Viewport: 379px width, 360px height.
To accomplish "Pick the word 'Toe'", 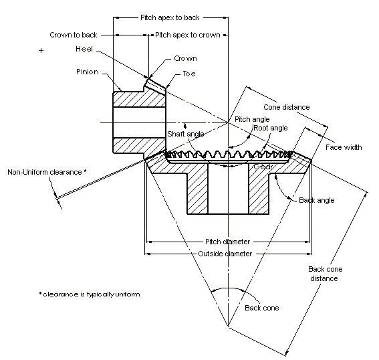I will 190,74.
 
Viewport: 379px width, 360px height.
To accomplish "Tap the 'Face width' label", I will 344,147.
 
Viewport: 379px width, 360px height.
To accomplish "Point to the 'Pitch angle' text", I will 251,119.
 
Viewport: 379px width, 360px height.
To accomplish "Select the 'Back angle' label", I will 317,200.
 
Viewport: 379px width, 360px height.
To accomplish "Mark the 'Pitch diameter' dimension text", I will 227,242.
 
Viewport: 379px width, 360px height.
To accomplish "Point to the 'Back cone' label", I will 261,308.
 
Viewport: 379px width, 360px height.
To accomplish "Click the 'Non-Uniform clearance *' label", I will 47,172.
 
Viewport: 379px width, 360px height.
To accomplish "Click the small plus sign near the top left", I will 41,50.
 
